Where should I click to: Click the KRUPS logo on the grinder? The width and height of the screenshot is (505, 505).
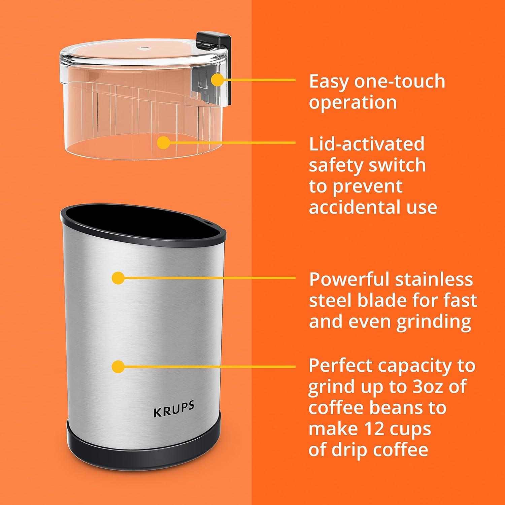click(x=174, y=409)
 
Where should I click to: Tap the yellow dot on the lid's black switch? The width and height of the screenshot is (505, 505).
click(x=218, y=80)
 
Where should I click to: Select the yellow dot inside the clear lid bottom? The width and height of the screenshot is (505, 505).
click(x=164, y=142)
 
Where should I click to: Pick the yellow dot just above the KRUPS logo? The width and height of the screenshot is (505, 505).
click(x=118, y=366)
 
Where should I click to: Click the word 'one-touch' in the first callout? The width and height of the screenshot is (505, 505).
click(x=399, y=81)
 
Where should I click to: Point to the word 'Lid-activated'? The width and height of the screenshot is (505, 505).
click(x=367, y=144)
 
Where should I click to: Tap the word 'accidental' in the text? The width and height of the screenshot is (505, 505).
click(x=355, y=207)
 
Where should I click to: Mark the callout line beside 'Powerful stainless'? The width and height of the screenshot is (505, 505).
click(x=209, y=278)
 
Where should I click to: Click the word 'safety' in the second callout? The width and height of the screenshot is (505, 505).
click(x=334, y=165)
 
